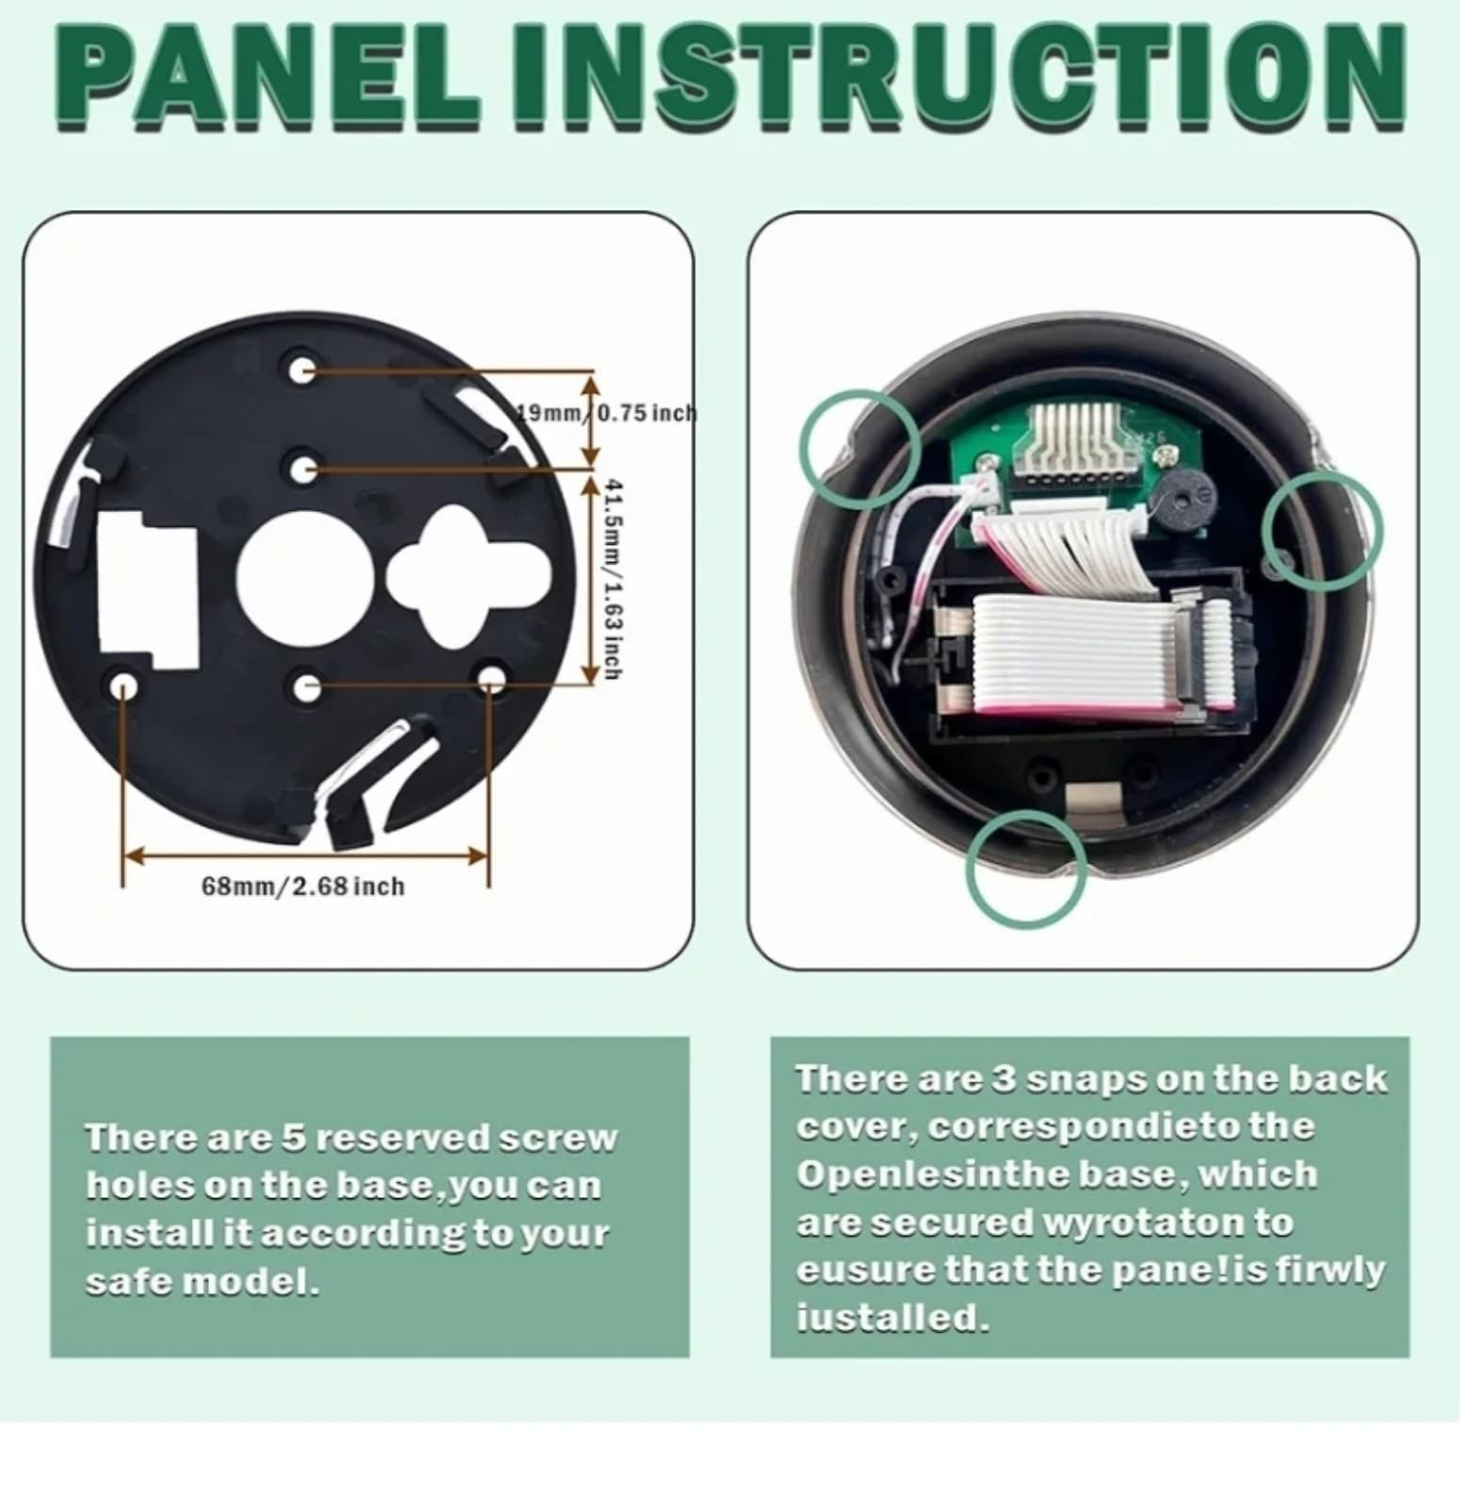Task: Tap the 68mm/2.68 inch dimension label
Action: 303,886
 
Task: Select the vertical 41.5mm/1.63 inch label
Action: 613,578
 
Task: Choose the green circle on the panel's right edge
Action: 1321,532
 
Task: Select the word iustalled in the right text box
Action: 892,1318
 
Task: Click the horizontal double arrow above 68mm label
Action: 306,856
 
